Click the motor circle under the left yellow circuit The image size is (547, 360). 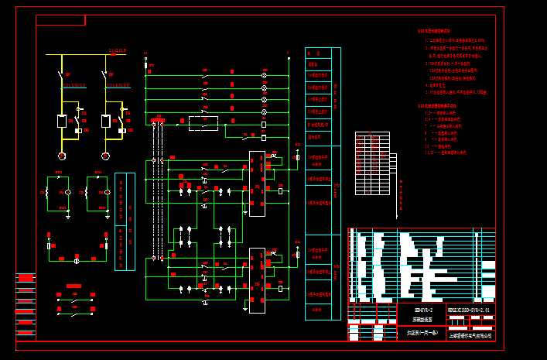pos(62,156)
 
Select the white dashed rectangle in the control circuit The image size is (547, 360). pos(203,122)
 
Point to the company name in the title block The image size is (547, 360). pos(470,334)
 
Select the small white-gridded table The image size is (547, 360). pos(371,163)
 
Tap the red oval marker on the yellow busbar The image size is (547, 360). pos(114,54)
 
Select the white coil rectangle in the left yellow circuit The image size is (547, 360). pos(62,121)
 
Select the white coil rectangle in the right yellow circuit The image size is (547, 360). pos(105,121)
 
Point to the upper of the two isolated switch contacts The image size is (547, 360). pos(74,297)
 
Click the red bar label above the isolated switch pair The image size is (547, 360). pos(74,286)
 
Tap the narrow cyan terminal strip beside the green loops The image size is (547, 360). pos(125,221)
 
